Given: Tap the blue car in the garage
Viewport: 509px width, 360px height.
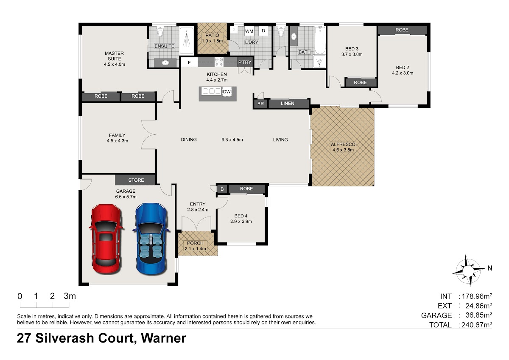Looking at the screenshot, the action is pyautogui.click(x=151, y=238).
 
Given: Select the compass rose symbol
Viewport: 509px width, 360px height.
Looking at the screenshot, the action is pyautogui.click(x=468, y=271).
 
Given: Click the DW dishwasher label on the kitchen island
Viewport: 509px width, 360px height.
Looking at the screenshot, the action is pyautogui.click(x=227, y=92).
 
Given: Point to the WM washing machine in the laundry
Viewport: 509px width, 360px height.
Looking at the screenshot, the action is pyautogui.click(x=249, y=31).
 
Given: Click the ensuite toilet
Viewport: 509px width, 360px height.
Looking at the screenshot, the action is pyautogui.click(x=160, y=31).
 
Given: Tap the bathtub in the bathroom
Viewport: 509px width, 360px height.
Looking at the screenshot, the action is pyautogui.click(x=320, y=40).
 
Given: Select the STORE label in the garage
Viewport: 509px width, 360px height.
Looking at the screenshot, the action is pyautogui.click(x=136, y=180).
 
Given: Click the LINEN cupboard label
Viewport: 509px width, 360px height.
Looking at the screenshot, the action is pyautogui.click(x=288, y=104).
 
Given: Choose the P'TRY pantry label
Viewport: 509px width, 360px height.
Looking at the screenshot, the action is pyautogui.click(x=245, y=62).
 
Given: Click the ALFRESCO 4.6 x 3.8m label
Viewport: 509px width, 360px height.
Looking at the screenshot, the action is pyautogui.click(x=343, y=147).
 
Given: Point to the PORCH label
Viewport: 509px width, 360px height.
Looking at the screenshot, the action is pyautogui.click(x=195, y=243).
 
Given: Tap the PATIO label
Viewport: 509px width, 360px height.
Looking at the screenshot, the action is pyautogui.click(x=212, y=35).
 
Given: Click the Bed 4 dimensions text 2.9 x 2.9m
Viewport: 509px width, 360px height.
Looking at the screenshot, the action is pyautogui.click(x=241, y=221).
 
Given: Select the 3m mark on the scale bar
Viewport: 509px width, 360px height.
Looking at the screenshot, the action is pyautogui.click(x=70, y=296).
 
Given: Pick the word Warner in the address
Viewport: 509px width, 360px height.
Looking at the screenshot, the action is pyautogui.click(x=164, y=338).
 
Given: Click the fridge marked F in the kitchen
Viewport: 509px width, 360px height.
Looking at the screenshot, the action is pyautogui.click(x=189, y=62).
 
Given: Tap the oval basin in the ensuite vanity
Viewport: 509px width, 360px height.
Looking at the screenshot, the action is pyautogui.click(x=165, y=63).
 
